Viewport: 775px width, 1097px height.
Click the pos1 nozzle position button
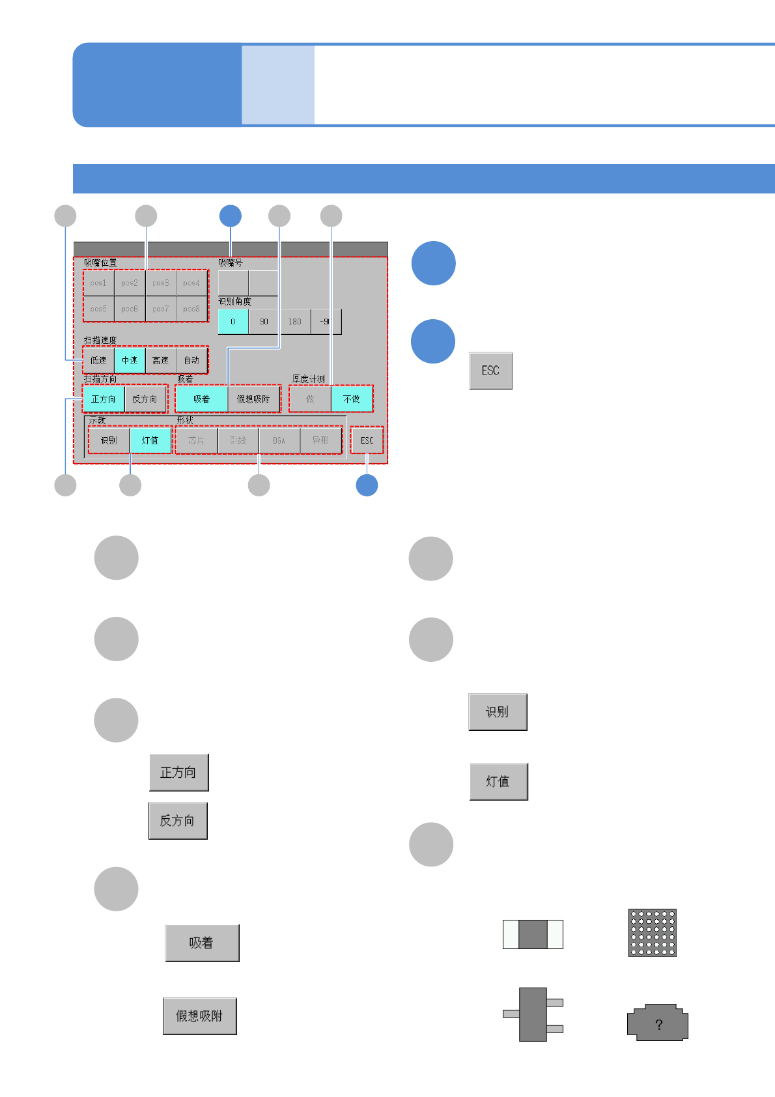(98, 283)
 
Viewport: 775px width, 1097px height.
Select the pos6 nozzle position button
(130, 309)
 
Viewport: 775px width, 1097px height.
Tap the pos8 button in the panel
(191, 309)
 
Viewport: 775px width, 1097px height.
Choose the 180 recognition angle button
(295, 322)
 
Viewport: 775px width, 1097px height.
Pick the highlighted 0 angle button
(232, 322)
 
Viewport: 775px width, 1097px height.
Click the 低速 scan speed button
(98, 360)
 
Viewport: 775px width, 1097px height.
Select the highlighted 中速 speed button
(130, 360)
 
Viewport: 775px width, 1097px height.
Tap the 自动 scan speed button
(191, 360)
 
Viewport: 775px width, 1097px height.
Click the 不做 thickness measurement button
(352, 399)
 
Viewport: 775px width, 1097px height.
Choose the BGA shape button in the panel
(279, 440)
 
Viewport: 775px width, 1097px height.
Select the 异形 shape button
(320, 440)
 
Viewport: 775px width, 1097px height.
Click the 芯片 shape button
(196, 440)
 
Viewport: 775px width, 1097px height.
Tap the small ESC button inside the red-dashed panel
(367, 440)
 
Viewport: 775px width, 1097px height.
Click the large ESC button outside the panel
(490, 371)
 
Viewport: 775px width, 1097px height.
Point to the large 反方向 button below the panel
(178, 821)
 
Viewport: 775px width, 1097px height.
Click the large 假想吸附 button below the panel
(199, 1016)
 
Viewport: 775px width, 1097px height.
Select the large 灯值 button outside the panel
(498, 782)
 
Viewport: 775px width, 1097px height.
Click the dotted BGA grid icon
(652, 933)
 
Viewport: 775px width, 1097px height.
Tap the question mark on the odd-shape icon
(659, 1025)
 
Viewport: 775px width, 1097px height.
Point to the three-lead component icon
(533, 1014)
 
